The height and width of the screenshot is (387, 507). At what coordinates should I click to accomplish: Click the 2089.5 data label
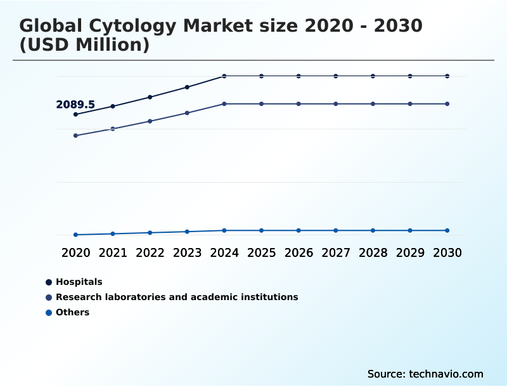coord(75,105)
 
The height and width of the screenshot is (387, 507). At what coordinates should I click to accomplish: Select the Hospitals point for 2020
coord(75,114)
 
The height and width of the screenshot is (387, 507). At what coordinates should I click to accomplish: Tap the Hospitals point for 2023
coord(187,87)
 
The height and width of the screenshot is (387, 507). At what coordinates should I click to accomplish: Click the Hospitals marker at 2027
coord(336,76)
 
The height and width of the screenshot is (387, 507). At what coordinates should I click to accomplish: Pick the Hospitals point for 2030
coord(447,76)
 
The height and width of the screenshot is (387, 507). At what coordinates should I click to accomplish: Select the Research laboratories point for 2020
coord(75,136)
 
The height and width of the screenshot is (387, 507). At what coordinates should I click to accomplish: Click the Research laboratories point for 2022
coord(150,121)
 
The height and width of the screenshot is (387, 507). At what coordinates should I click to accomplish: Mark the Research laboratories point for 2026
coord(298,103)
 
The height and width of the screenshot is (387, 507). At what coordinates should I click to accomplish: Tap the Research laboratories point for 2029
coord(410,103)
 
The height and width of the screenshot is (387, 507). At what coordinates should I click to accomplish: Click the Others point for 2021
coord(113,233)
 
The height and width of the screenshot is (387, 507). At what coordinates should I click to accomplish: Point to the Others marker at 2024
coord(224,230)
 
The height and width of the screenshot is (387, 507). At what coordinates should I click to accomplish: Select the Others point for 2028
coord(373,230)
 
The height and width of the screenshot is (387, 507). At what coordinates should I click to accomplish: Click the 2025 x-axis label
coord(261,253)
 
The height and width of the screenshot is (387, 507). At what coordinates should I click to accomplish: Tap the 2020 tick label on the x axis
coord(75,253)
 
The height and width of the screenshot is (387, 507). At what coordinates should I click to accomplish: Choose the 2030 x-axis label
coord(447,253)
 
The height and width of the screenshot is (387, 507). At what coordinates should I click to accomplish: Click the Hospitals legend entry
coord(79,282)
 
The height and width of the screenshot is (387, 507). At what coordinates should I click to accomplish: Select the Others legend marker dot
coord(48,312)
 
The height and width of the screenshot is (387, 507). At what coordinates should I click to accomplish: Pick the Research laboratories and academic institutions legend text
coord(177,297)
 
